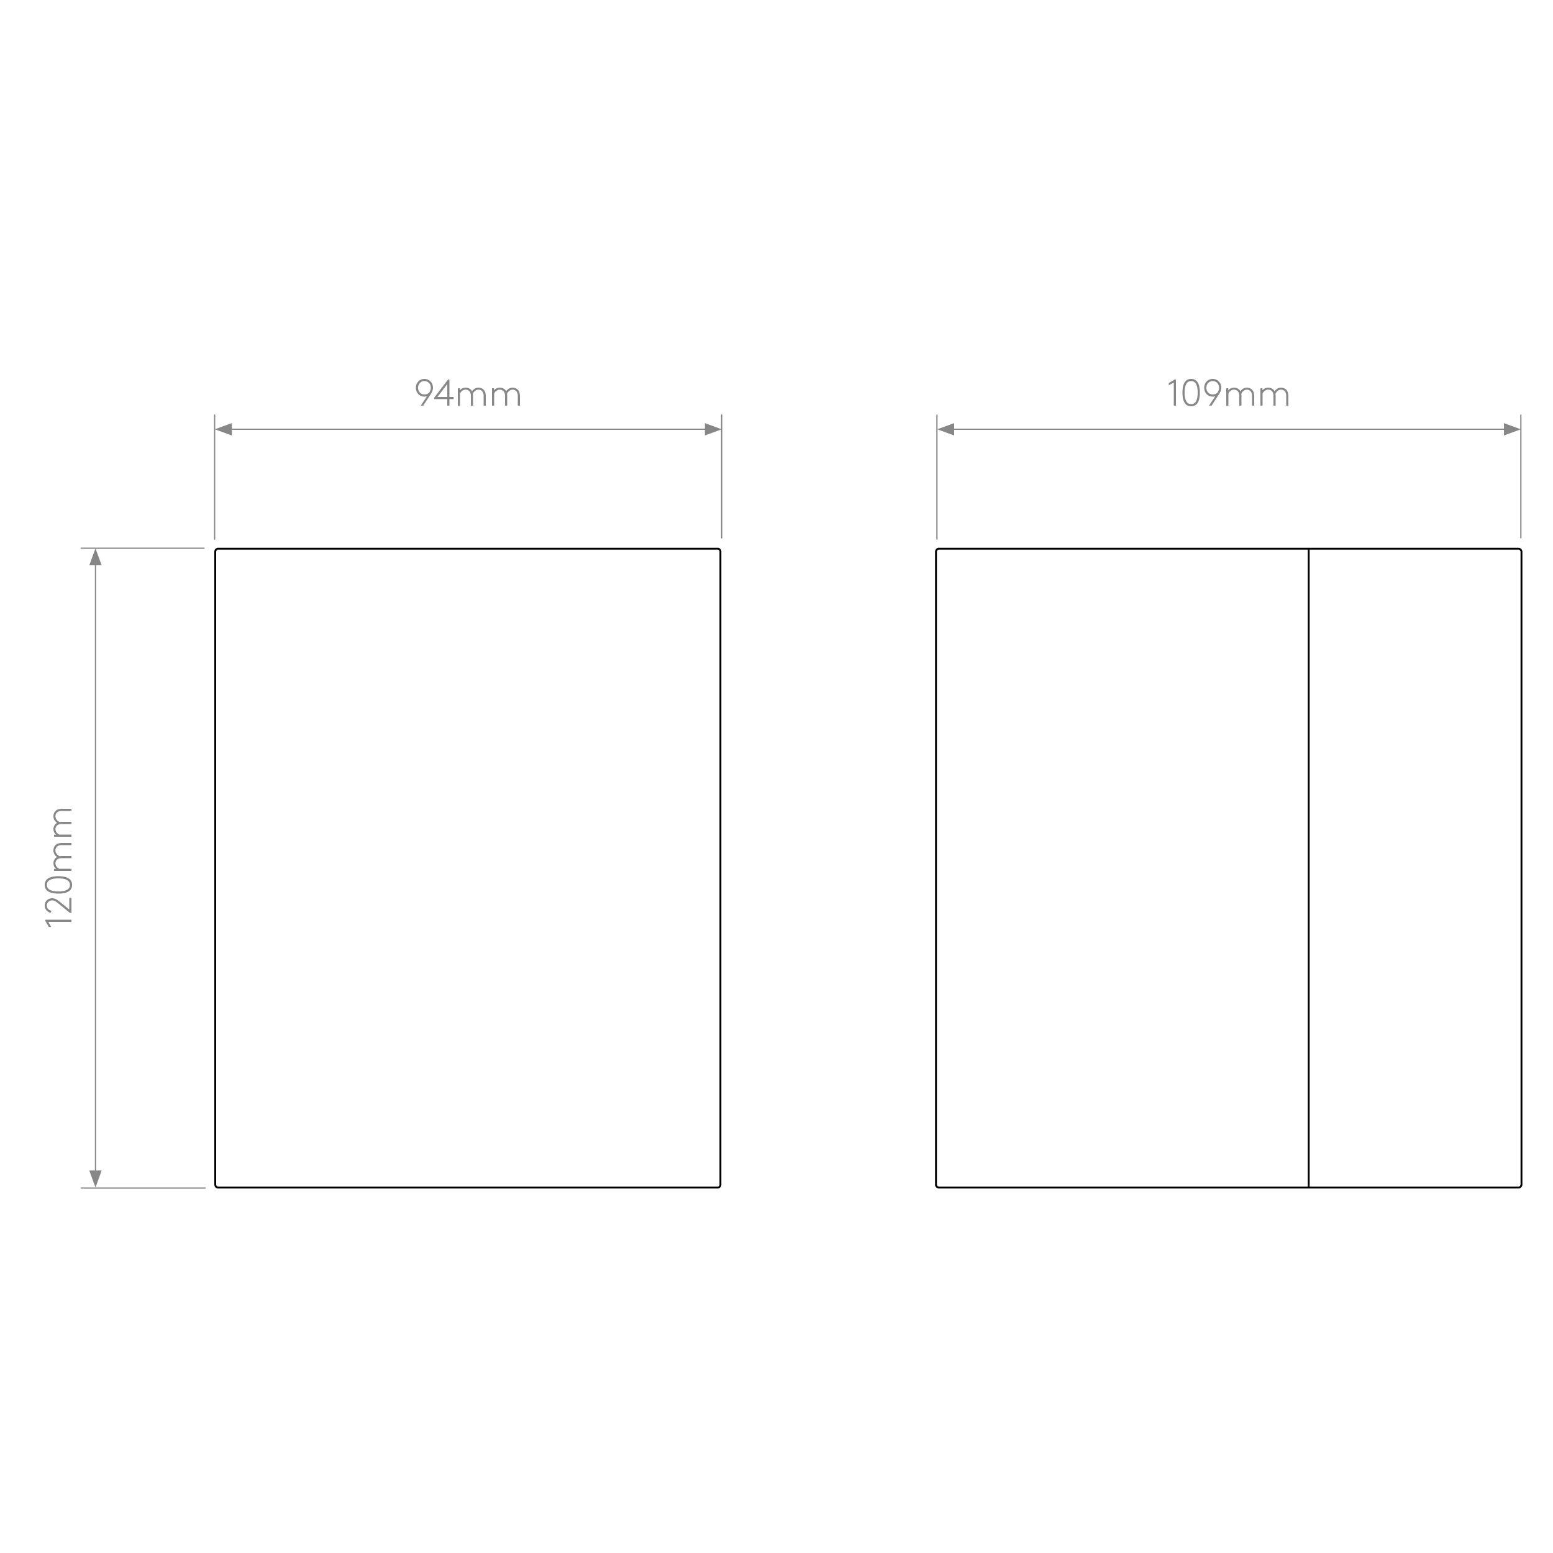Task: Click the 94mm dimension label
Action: tap(468, 393)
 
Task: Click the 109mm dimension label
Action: tap(1228, 393)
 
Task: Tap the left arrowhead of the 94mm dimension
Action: tap(224, 429)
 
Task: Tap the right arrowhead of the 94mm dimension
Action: tap(713, 429)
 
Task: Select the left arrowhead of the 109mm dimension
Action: tap(945, 429)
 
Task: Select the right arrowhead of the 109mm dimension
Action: tap(1512, 429)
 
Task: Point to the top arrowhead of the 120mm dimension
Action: tap(96, 557)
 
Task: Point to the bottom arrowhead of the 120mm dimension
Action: tap(96, 1178)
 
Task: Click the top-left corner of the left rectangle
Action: tap(216, 549)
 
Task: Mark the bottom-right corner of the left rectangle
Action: tap(720, 1187)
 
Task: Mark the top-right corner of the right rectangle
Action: tap(1521, 549)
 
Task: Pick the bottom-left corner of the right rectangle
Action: tap(937, 1187)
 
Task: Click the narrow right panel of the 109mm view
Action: tap(1414, 868)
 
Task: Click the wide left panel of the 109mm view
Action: tap(1122, 868)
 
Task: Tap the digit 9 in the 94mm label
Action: tap(423, 393)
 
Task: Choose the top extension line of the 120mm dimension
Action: tap(142, 549)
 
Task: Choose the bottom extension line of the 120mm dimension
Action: tap(142, 1187)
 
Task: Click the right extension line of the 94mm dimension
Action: tap(722, 476)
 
